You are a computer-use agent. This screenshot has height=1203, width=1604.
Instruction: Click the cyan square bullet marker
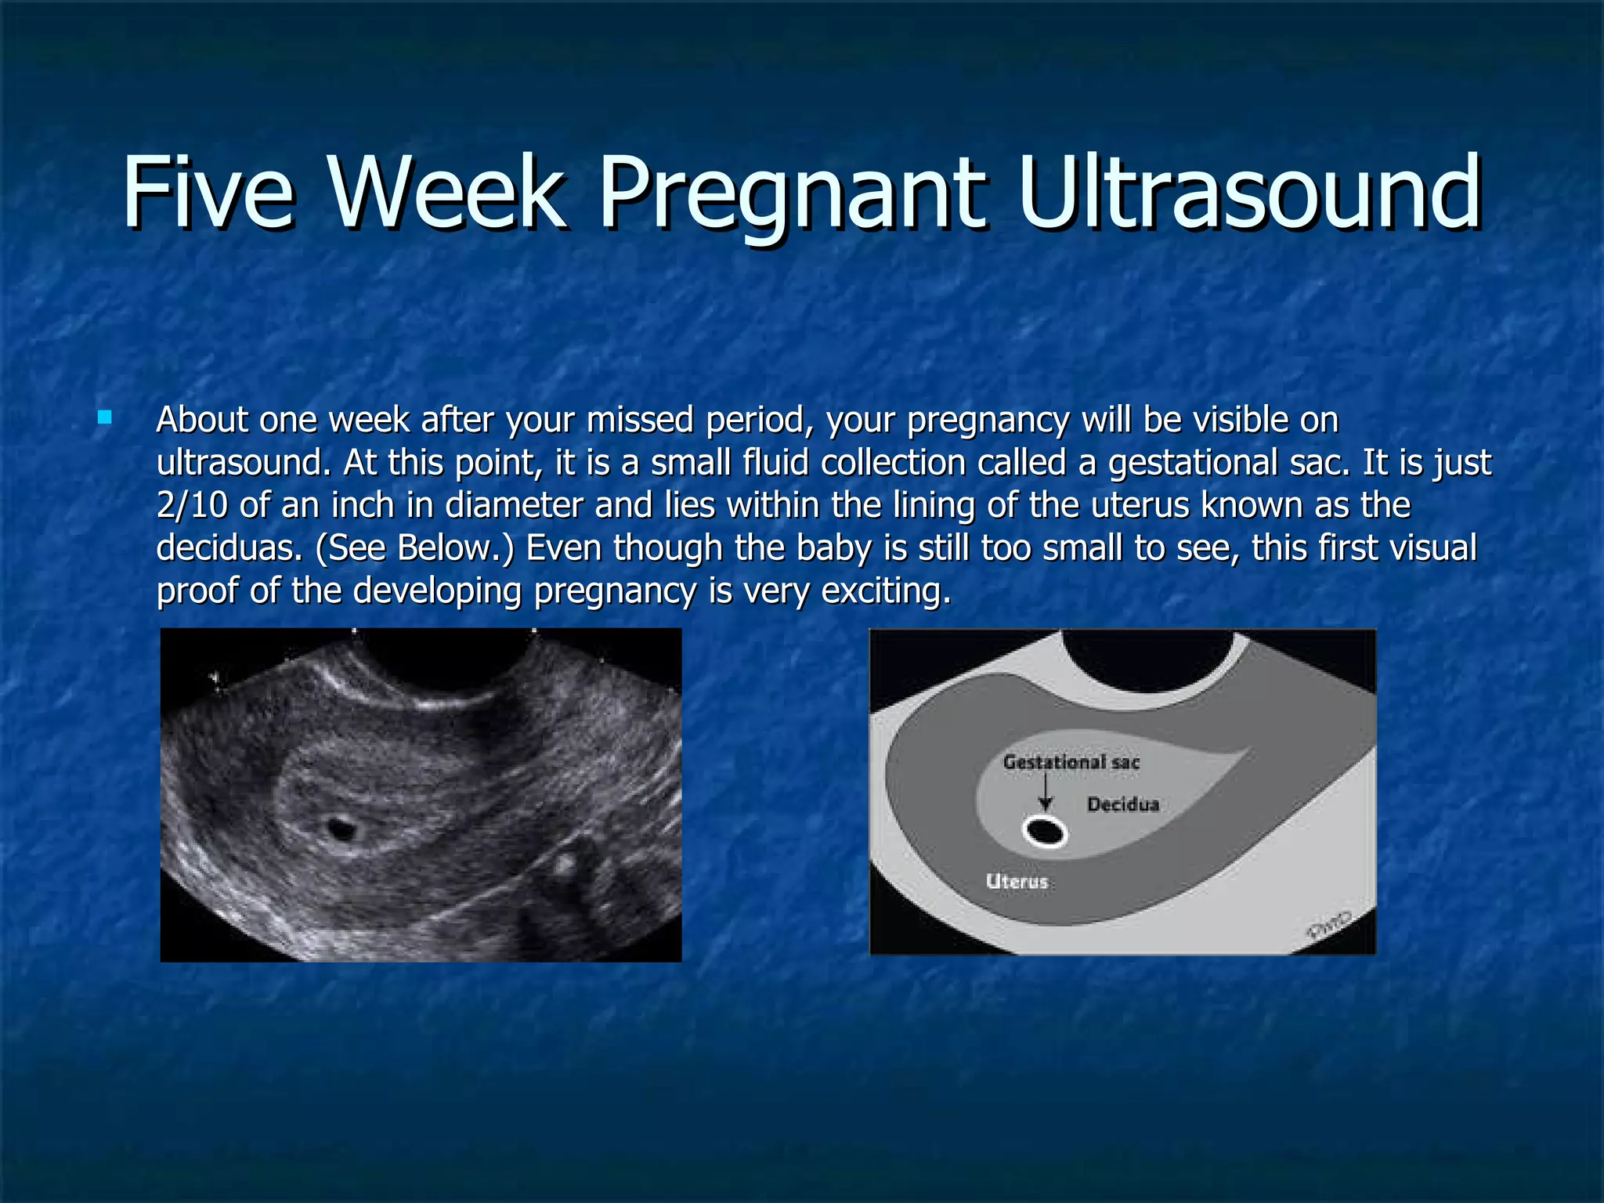(x=104, y=417)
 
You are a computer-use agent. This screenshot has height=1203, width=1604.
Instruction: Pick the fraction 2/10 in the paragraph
(x=192, y=505)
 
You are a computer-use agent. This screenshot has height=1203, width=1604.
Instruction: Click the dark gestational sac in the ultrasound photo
(x=341, y=827)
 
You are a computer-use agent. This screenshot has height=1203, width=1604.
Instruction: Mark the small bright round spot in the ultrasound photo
(x=563, y=864)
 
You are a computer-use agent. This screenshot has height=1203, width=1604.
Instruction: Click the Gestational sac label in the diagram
(x=1071, y=762)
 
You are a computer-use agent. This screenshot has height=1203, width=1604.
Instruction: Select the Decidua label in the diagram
(x=1122, y=804)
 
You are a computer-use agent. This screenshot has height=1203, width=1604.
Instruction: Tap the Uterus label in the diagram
(x=1017, y=881)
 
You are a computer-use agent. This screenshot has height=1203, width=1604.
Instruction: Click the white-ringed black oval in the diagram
(x=1045, y=832)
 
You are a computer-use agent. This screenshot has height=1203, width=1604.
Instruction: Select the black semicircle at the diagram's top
(x=1148, y=658)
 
